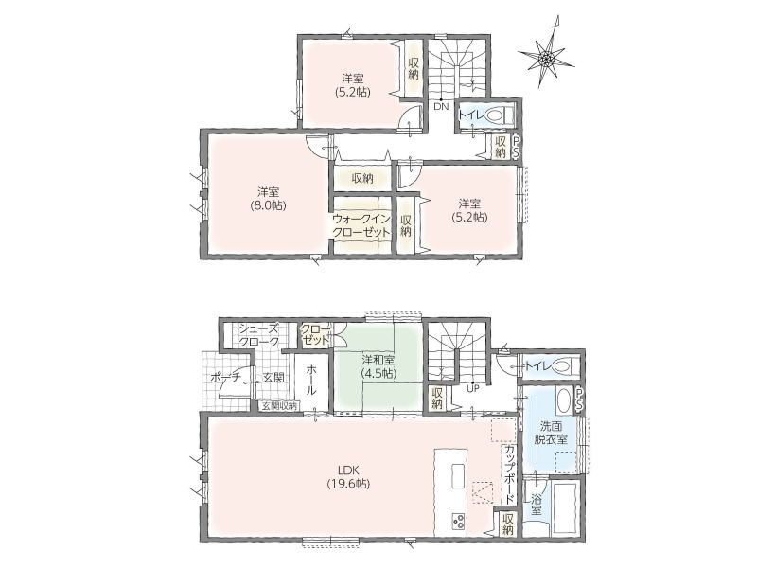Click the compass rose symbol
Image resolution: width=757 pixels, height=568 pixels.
click(546, 57)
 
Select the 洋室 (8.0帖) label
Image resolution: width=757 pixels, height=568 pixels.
click(267, 198)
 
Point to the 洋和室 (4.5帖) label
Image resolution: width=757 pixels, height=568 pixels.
click(378, 366)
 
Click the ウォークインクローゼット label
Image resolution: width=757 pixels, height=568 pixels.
click(361, 224)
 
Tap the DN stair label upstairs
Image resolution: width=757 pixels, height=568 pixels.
click(441, 107)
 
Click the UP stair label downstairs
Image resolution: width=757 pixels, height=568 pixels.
click(472, 387)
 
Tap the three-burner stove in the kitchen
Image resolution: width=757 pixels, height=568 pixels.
click(458, 521)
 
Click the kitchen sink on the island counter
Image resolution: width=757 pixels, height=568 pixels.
click(458, 476)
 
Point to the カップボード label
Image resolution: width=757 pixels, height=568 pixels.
click(509, 472)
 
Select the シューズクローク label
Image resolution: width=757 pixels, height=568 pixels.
click(259, 335)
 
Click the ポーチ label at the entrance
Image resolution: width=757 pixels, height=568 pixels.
click(225, 378)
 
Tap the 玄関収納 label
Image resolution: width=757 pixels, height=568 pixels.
click(280, 406)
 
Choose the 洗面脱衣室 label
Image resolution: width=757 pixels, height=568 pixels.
click(551, 434)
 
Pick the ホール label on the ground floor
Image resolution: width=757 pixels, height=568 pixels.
click(311, 381)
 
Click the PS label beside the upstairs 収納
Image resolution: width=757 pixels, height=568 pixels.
click(516, 147)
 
